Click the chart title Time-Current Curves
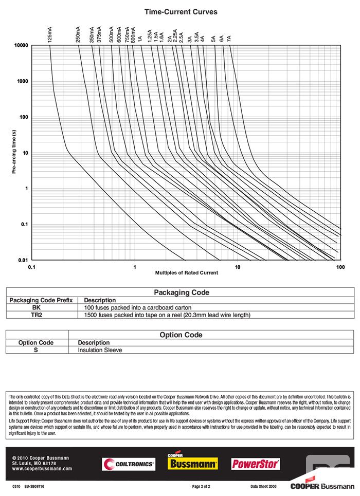(181, 12)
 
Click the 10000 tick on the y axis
(21, 46)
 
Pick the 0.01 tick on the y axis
(23, 260)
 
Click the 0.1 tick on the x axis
(31, 267)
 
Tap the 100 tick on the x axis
(340, 267)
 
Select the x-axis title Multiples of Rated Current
(186, 272)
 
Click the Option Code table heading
(181, 335)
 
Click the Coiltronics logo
(129, 464)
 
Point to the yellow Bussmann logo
(193, 463)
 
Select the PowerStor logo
(256, 464)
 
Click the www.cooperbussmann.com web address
(42, 469)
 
